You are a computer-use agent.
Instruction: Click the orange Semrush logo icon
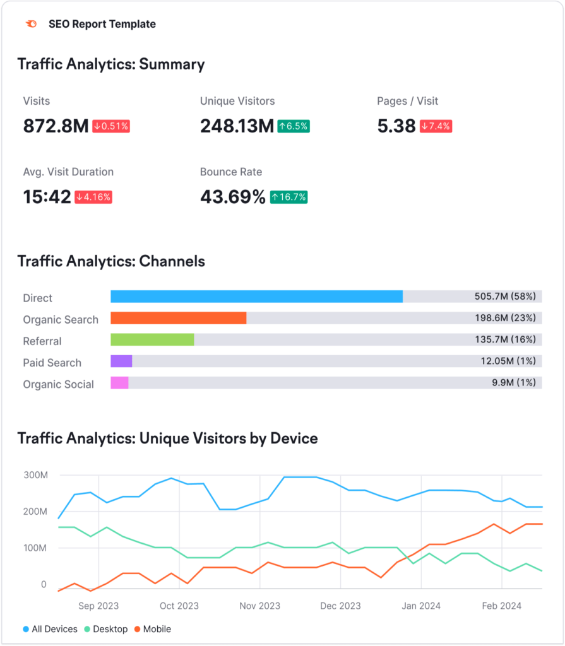click(x=30, y=24)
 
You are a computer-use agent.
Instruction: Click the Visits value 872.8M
click(x=56, y=126)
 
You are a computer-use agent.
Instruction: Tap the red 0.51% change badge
click(x=111, y=126)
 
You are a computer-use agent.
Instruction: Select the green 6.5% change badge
click(x=293, y=126)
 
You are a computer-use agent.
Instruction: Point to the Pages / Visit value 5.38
click(x=396, y=126)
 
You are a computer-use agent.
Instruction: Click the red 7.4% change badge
click(x=436, y=126)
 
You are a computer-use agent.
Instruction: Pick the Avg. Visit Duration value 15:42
click(x=47, y=197)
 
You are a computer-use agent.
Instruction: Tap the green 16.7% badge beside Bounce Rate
click(x=288, y=197)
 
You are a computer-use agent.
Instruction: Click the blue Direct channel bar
click(x=256, y=297)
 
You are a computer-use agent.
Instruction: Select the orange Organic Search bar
click(x=178, y=318)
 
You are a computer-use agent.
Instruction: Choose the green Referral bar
click(x=152, y=339)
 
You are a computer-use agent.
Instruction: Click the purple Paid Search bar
click(x=121, y=361)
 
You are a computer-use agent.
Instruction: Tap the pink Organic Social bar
click(x=119, y=382)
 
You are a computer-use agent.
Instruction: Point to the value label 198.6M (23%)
click(x=505, y=319)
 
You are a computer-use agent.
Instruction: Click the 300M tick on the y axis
click(x=35, y=475)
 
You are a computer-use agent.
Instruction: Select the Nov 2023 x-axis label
click(x=259, y=606)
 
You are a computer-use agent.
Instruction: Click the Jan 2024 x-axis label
click(x=421, y=606)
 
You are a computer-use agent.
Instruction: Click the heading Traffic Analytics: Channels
click(x=111, y=261)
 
